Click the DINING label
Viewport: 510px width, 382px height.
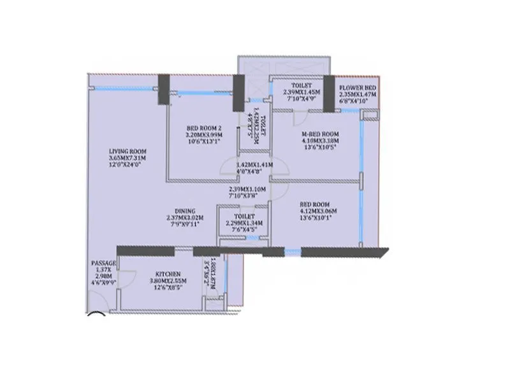(186, 211)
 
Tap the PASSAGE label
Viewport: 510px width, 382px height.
(104, 263)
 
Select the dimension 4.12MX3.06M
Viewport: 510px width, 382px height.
(318, 211)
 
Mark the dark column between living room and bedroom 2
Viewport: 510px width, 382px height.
(164, 85)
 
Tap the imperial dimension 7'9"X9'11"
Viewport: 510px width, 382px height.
(185, 224)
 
